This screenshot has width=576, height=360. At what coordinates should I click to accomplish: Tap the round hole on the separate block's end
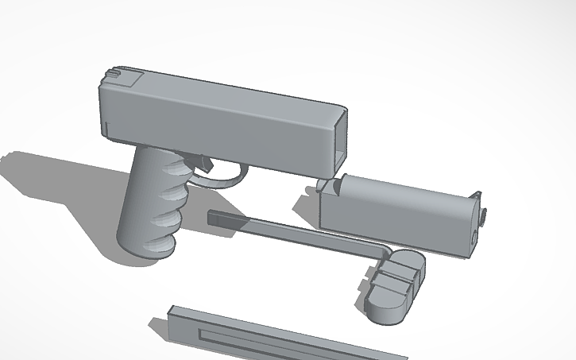click(476, 237)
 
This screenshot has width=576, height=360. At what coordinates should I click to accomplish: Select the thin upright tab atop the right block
click(478, 195)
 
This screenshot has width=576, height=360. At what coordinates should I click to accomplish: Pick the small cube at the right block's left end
click(324, 188)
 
